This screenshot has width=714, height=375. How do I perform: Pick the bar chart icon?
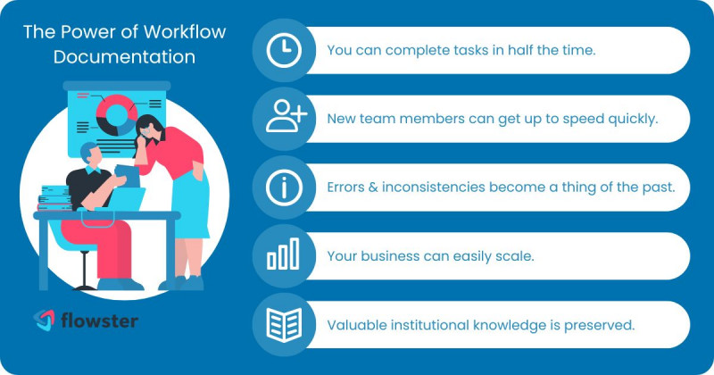pyautogui.click(x=282, y=255)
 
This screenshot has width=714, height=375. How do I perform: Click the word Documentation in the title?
pyautogui.click(x=124, y=56)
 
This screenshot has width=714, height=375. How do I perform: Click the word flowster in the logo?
pyautogui.click(x=100, y=319)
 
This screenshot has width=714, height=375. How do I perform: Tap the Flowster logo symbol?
pyautogui.click(x=45, y=319)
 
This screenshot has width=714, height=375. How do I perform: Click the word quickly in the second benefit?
pyautogui.click(x=633, y=119)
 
